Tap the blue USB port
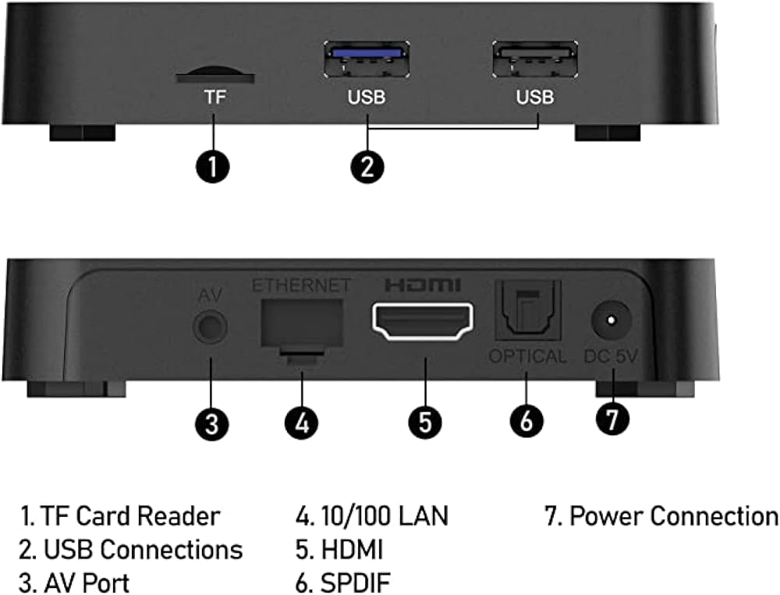[x=367, y=59]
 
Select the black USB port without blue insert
[x=535, y=59]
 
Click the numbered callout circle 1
[x=213, y=167]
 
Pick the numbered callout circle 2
[x=367, y=167]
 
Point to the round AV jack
[x=210, y=328]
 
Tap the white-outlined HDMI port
[x=423, y=321]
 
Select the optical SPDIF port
[x=528, y=311]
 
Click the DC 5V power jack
[x=612, y=320]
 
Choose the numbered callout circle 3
[x=212, y=424]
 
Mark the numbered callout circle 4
[x=301, y=423]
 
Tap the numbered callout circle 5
[x=425, y=423]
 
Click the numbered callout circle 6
[x=526, y=421]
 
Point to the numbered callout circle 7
[x=612, y=419]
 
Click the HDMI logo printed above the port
[x=423, y=285]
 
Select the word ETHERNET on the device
[x=301, y=285]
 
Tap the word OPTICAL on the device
[x=527, y=356]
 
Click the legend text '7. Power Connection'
[x=661, y=516]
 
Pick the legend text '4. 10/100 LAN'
[x=372, y=516]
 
